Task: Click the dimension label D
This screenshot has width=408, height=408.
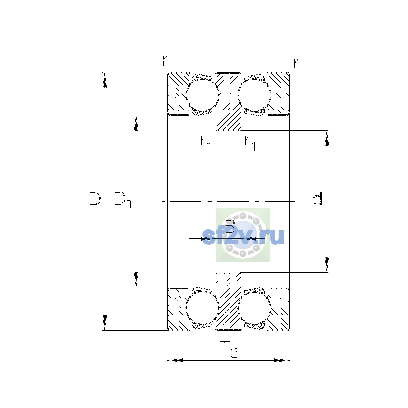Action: pyautogui.click(x=95, y=198)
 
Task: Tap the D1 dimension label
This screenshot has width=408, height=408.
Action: pyautogui.click(x=123, y=200)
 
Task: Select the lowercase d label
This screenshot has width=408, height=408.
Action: pyautogui.click(x=317, y=198)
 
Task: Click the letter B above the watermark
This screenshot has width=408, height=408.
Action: pyautogui.click(x=230, y=226)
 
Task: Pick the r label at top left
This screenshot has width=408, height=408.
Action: pyautogui.click(x=165, y=61)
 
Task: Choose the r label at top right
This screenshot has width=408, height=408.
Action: pyautogui.click(x=296, y=63)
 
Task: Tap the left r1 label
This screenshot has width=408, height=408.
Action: pyautogui.click(x=206, y=143)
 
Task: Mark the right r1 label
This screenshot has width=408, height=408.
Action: pyautogui.click(x=250, y=143)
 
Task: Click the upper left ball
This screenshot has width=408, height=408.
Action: pyautogui.click(x=203, y=95)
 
